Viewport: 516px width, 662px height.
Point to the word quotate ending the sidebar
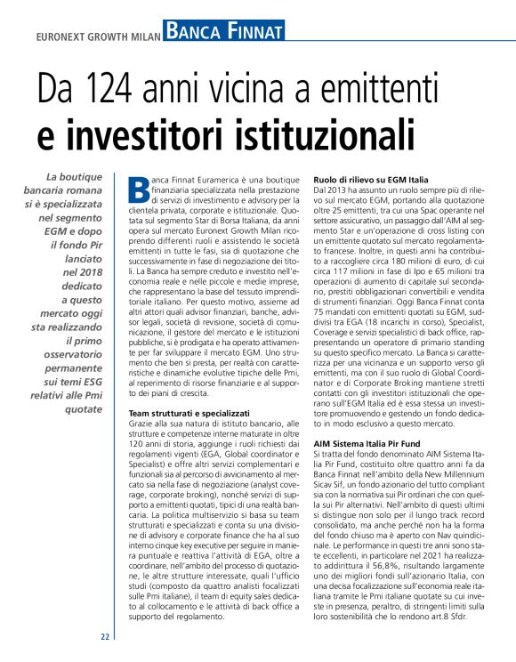[x=85, y=409]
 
